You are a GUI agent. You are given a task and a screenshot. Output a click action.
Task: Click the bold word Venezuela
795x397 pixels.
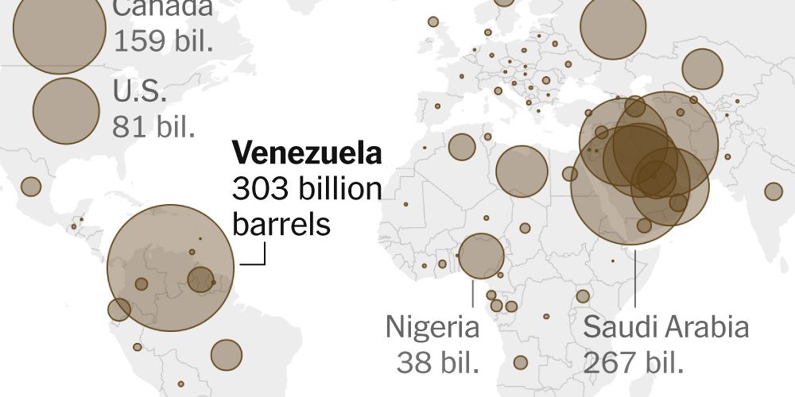[306, 153]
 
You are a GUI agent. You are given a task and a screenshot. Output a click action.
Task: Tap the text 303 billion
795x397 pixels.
[307, 189]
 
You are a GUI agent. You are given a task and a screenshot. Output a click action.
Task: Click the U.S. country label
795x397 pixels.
[140, 91]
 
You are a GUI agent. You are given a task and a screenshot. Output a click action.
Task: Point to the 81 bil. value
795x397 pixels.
[154, 126]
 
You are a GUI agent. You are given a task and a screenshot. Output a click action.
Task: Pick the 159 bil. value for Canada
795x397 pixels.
[164, 40]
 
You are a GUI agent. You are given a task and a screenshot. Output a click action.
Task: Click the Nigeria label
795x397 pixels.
[432, 327]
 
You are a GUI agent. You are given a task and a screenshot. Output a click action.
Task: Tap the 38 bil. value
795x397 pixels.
[438, 362]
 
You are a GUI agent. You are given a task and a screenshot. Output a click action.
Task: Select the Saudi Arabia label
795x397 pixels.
[666, 327]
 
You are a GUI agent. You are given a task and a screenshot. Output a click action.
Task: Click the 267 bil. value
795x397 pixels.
[634, 362]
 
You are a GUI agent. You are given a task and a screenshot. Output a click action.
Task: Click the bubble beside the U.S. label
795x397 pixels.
[66, 110]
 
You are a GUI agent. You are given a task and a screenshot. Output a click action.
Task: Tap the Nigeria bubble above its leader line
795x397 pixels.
[481, 256]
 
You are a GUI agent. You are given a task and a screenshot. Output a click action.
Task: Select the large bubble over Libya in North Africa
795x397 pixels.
[522, 171]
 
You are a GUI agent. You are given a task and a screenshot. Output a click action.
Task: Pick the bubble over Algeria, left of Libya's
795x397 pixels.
[461, 146]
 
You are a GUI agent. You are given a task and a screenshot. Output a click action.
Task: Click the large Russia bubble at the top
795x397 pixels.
[613, 26]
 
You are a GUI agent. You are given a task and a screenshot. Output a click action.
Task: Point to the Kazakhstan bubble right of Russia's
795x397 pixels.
[701, 69]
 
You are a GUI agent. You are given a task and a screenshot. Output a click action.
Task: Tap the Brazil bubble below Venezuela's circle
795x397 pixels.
[226, 354]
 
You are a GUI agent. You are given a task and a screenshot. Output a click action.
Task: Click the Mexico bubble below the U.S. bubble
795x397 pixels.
[30, 186]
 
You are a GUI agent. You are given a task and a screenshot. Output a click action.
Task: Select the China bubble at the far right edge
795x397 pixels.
[773, 191]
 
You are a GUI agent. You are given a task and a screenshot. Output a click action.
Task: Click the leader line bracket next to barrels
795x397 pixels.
[258, 260]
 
